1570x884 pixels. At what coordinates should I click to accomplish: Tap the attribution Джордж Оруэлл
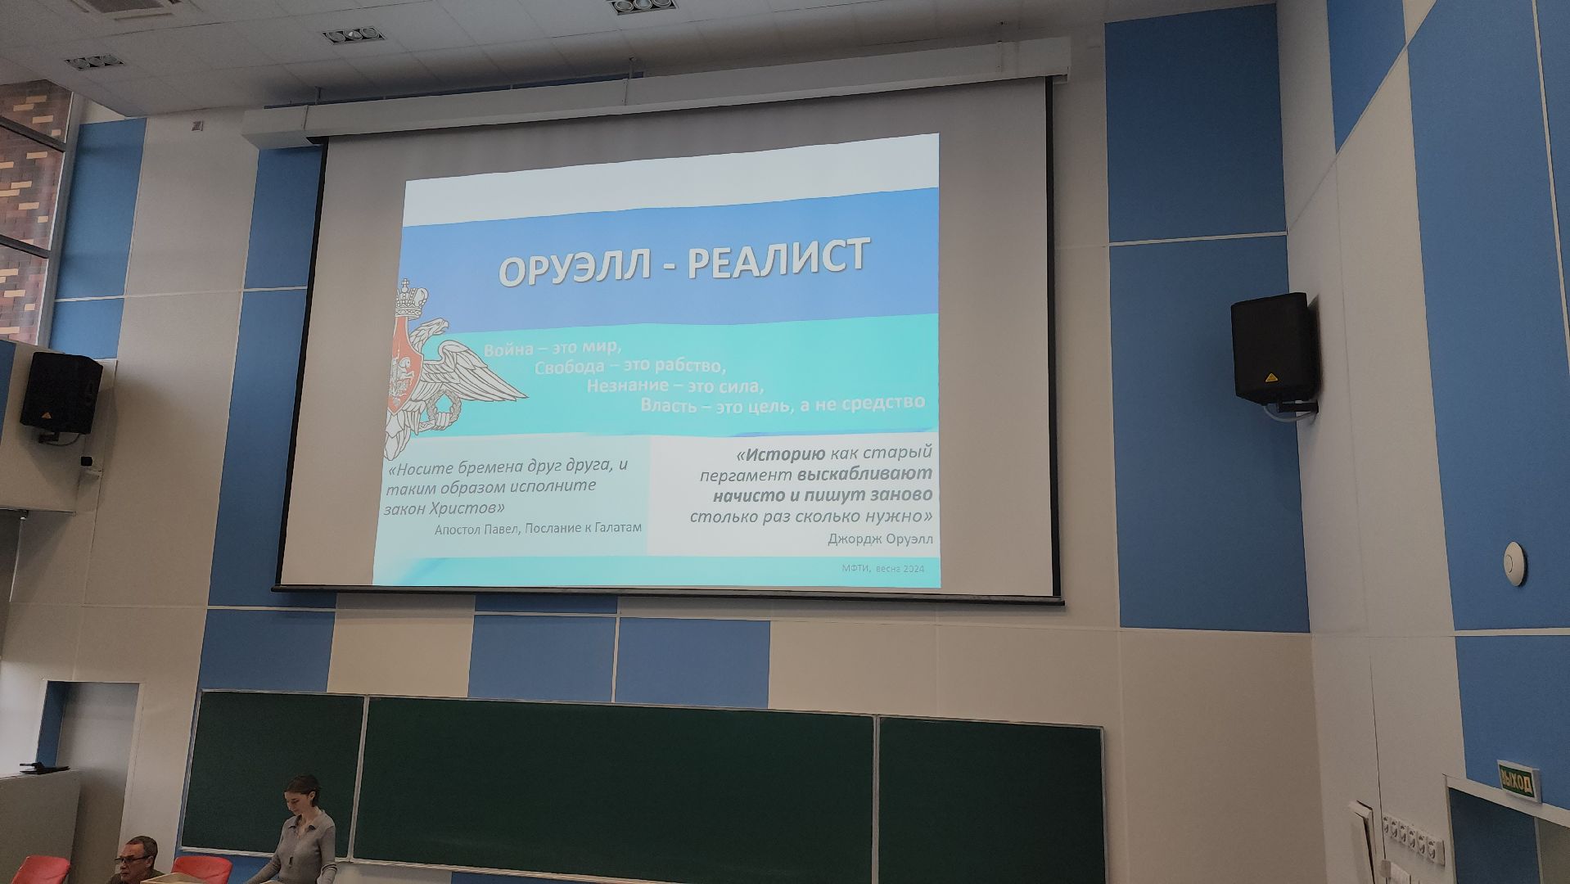pyautogui.click(x=880, y=539)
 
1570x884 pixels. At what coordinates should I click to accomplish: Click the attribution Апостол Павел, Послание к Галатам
pyautogui.click(x=538, y=529)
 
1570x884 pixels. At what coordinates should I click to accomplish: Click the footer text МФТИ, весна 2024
pyautogui.click(x=882, y=569)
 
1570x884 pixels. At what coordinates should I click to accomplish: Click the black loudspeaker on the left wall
pyautogui.click(x=61, y=392)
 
